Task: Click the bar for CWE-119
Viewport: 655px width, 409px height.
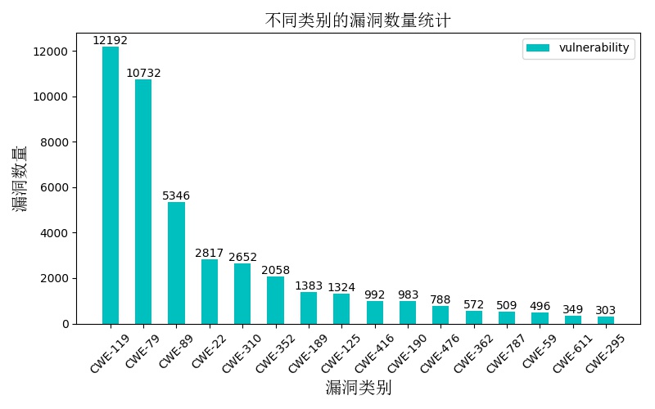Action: click(111, 185)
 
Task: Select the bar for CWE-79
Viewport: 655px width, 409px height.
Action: click(143, 201)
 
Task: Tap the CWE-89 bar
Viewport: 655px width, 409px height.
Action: click(176, 263)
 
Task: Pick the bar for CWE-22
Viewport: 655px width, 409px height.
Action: click(210, 291)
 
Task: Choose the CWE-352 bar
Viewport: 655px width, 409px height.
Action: click(275, 300)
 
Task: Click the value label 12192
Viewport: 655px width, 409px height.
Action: click(110, 40)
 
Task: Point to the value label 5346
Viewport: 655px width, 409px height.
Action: click(176, 196)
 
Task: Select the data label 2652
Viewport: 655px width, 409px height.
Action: click(242, 257)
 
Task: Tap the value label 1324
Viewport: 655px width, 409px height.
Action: click(341, 287)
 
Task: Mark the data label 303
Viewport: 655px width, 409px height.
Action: click(606, 310)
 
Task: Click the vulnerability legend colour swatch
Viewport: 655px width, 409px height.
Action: click(538, 48)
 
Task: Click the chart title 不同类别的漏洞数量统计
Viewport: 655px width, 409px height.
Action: click(358, 20)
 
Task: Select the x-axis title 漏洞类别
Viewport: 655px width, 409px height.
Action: click(358, 388)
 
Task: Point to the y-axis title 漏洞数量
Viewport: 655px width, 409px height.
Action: click(20, 178)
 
